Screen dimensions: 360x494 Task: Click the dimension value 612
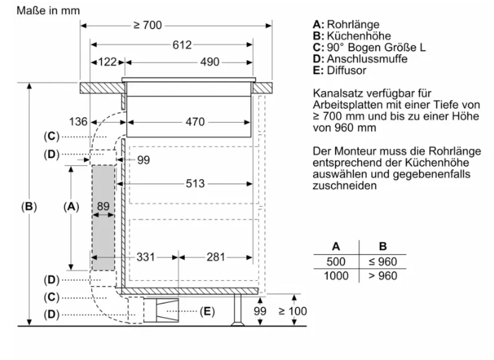pyautogui.click(x=181, y=45)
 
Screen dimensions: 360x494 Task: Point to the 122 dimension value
pyautogui.click(x=106, y=63)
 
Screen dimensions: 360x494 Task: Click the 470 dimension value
pyautogui.click(x=195, y=122)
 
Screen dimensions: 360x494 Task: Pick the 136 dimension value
pyautogui.click(x=78, y=122)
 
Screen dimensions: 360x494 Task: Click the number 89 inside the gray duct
pyautogui.click(x=103, y=206)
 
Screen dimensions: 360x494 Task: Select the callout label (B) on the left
pyautogui.click(x=28, y=206)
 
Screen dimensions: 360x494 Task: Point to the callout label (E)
pyautogui.click(x=207, y=311)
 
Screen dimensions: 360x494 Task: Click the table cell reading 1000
pyautogui.click(x=336, y=276)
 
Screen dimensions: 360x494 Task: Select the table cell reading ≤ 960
pyautogui.click(x=382, y=262)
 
